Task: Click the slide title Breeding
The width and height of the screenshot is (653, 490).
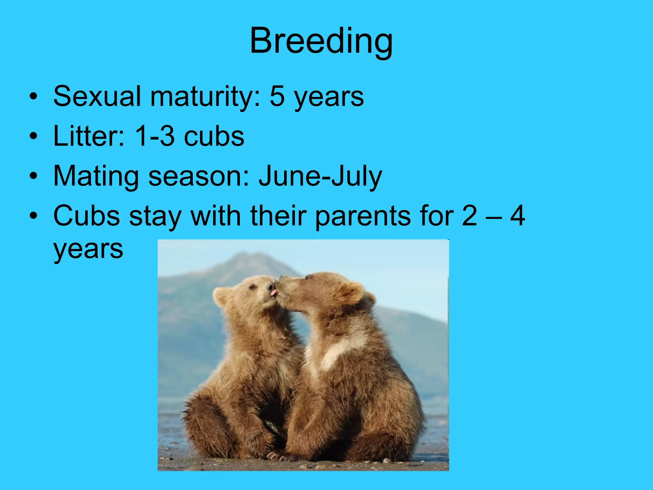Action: coord(321,41)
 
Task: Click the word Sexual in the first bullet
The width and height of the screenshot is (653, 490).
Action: coord(97,96)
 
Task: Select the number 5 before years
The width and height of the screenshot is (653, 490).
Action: coord(277,96)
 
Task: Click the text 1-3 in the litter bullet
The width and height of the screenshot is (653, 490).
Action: coord(154,136)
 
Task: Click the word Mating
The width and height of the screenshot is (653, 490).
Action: coord(96,176)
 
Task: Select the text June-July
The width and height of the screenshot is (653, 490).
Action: coord(320,176)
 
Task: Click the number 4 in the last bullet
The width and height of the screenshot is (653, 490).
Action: coord(517,216)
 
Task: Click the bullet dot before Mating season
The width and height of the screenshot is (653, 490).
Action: coord(33,176)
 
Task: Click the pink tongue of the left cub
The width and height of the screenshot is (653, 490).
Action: coord(274,292)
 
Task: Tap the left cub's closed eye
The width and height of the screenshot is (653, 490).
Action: coord(253,286)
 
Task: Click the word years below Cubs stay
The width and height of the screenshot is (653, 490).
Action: coord(88,249)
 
